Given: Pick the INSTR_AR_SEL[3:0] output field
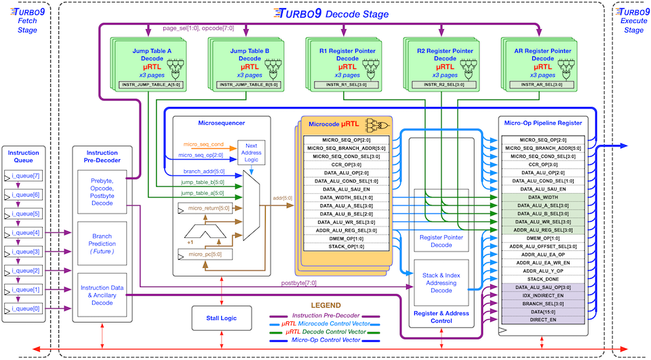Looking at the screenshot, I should [x=537, y=85].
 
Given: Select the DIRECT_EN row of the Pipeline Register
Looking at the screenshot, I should [x=543, y=318].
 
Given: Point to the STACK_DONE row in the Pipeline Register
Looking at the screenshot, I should [x=543, y=279].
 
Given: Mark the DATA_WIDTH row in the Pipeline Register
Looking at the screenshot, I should [x=543, y=197].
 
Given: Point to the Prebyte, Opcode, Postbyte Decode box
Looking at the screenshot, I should [x=102, y=193].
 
